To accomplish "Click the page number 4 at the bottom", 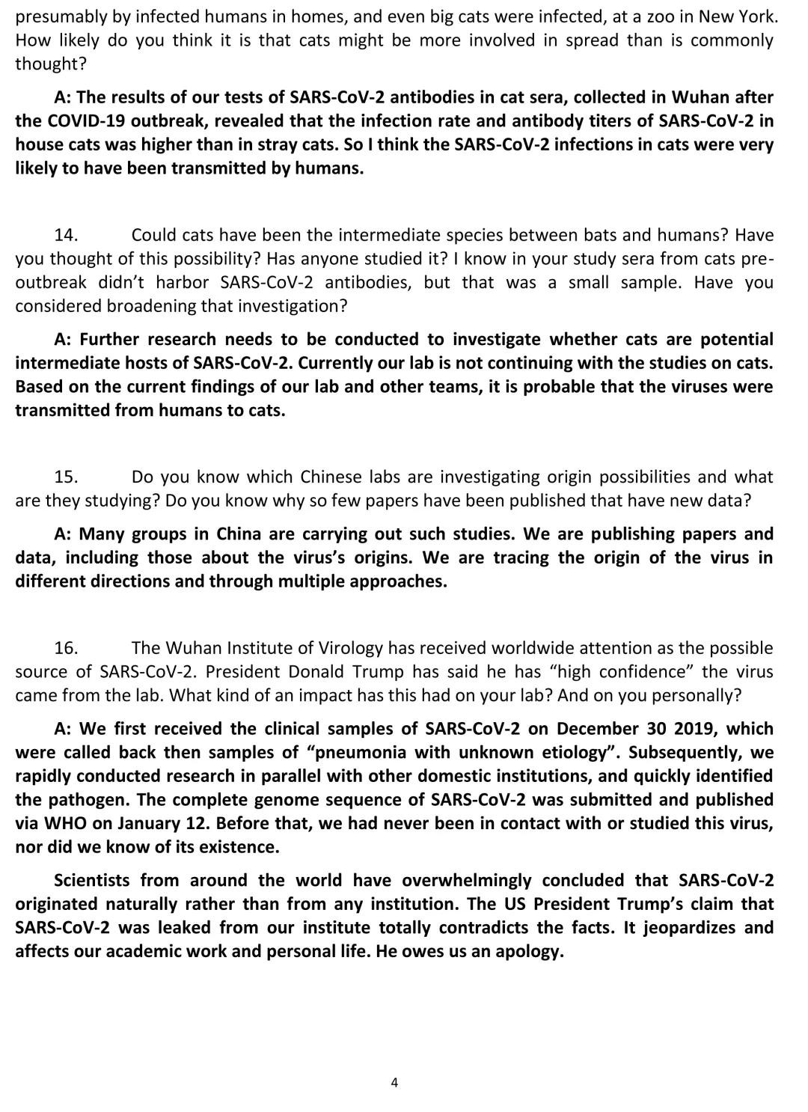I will [394, 1082].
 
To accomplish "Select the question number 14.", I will [67, 235].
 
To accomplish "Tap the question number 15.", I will [67, 477].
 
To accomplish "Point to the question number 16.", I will [67, 647].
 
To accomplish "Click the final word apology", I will [528, 952].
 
